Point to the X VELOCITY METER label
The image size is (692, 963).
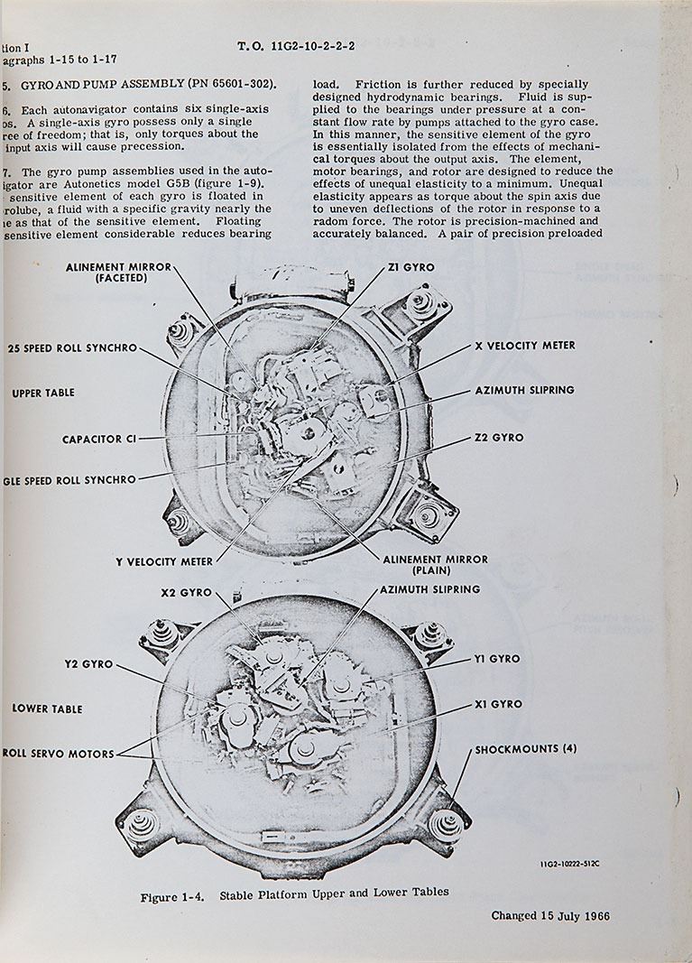tap(524, 346)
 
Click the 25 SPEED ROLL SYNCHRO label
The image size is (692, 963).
tap(71, 347)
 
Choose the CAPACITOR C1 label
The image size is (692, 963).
tap(99, 440)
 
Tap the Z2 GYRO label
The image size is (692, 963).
tap(498, 438)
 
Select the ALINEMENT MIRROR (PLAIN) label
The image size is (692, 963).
tap(435, 565)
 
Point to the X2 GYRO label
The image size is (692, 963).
tap(186, 593)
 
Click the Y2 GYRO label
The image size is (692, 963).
tap(88, 664)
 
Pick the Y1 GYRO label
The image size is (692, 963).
tap(496, 659)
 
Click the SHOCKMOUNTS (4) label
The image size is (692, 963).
tap(526, 749)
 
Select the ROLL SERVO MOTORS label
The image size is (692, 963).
tap(59, 754)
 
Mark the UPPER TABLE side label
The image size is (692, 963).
tap(43, 394)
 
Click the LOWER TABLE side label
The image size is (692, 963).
tap(47, 708)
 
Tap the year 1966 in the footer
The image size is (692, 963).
tap(595, 916)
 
